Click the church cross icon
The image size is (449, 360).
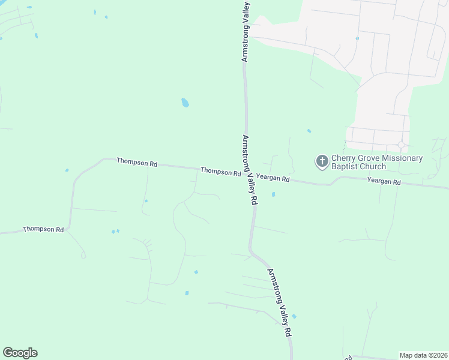coord(322,161)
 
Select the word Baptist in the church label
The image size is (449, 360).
coord(345,166)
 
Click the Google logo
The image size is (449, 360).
coord(20,353)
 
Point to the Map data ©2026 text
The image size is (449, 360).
coord(423,355)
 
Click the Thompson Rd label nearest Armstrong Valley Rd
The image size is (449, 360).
coord(220,172)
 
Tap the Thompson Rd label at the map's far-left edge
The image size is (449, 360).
coord(43,230)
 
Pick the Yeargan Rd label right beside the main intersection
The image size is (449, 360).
coord(273,178)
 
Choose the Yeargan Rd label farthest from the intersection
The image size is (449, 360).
coord(384,181)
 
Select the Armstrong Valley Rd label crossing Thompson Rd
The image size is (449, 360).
coord(250,170)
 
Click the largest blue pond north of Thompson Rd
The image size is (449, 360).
coord(185,103)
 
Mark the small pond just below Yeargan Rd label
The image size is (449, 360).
coord(273,194)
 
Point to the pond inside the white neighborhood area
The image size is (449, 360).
coord(357,38)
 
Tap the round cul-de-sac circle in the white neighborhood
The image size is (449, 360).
coord(401,145)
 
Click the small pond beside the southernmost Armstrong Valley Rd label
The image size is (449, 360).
coord(294,316)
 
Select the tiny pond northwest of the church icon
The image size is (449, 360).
coord(309,131)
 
